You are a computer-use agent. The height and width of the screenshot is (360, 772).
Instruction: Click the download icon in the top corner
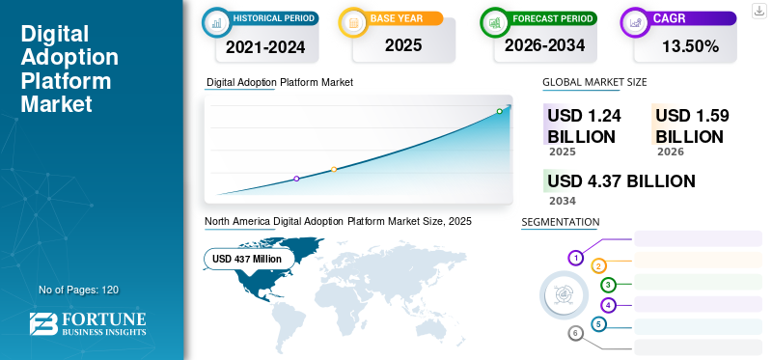[x=758, y=11]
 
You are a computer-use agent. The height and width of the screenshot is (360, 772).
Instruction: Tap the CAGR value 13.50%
[x=690, y=45]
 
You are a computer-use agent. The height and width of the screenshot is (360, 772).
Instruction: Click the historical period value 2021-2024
[x=264, y=45]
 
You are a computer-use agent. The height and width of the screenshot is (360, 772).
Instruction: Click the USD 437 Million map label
[x=247, y=259]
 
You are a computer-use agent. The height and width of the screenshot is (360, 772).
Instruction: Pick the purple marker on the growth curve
[x=296, y=179]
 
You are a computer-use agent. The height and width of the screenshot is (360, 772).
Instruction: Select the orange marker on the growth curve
[x=334, y=170]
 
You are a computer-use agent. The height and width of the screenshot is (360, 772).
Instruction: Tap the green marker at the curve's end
[x=499, y=112]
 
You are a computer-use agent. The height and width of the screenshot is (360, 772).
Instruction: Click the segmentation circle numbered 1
[x=576, y=258]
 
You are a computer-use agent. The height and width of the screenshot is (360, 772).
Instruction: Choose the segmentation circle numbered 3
[x=608, y=285]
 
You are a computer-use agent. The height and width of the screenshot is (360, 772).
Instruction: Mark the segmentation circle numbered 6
[x=576, y=334]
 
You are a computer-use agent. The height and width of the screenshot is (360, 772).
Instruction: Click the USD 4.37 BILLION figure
[x=620, y=181]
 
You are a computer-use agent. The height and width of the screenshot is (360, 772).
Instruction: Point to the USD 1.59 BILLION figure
[x=692, y=125]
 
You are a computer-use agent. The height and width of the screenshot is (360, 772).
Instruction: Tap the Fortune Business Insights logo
[x=88, y=324]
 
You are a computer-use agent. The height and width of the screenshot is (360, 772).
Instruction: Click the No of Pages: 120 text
[x=78, y=290]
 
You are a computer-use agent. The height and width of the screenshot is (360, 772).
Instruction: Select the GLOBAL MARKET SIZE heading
[x=594, y=83]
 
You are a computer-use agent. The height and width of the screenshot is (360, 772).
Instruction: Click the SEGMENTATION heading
[x=560, y=222]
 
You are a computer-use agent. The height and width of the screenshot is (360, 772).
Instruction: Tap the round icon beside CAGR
[x=636, y=20]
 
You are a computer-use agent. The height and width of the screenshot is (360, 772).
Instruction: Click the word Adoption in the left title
[x=69, y=58]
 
